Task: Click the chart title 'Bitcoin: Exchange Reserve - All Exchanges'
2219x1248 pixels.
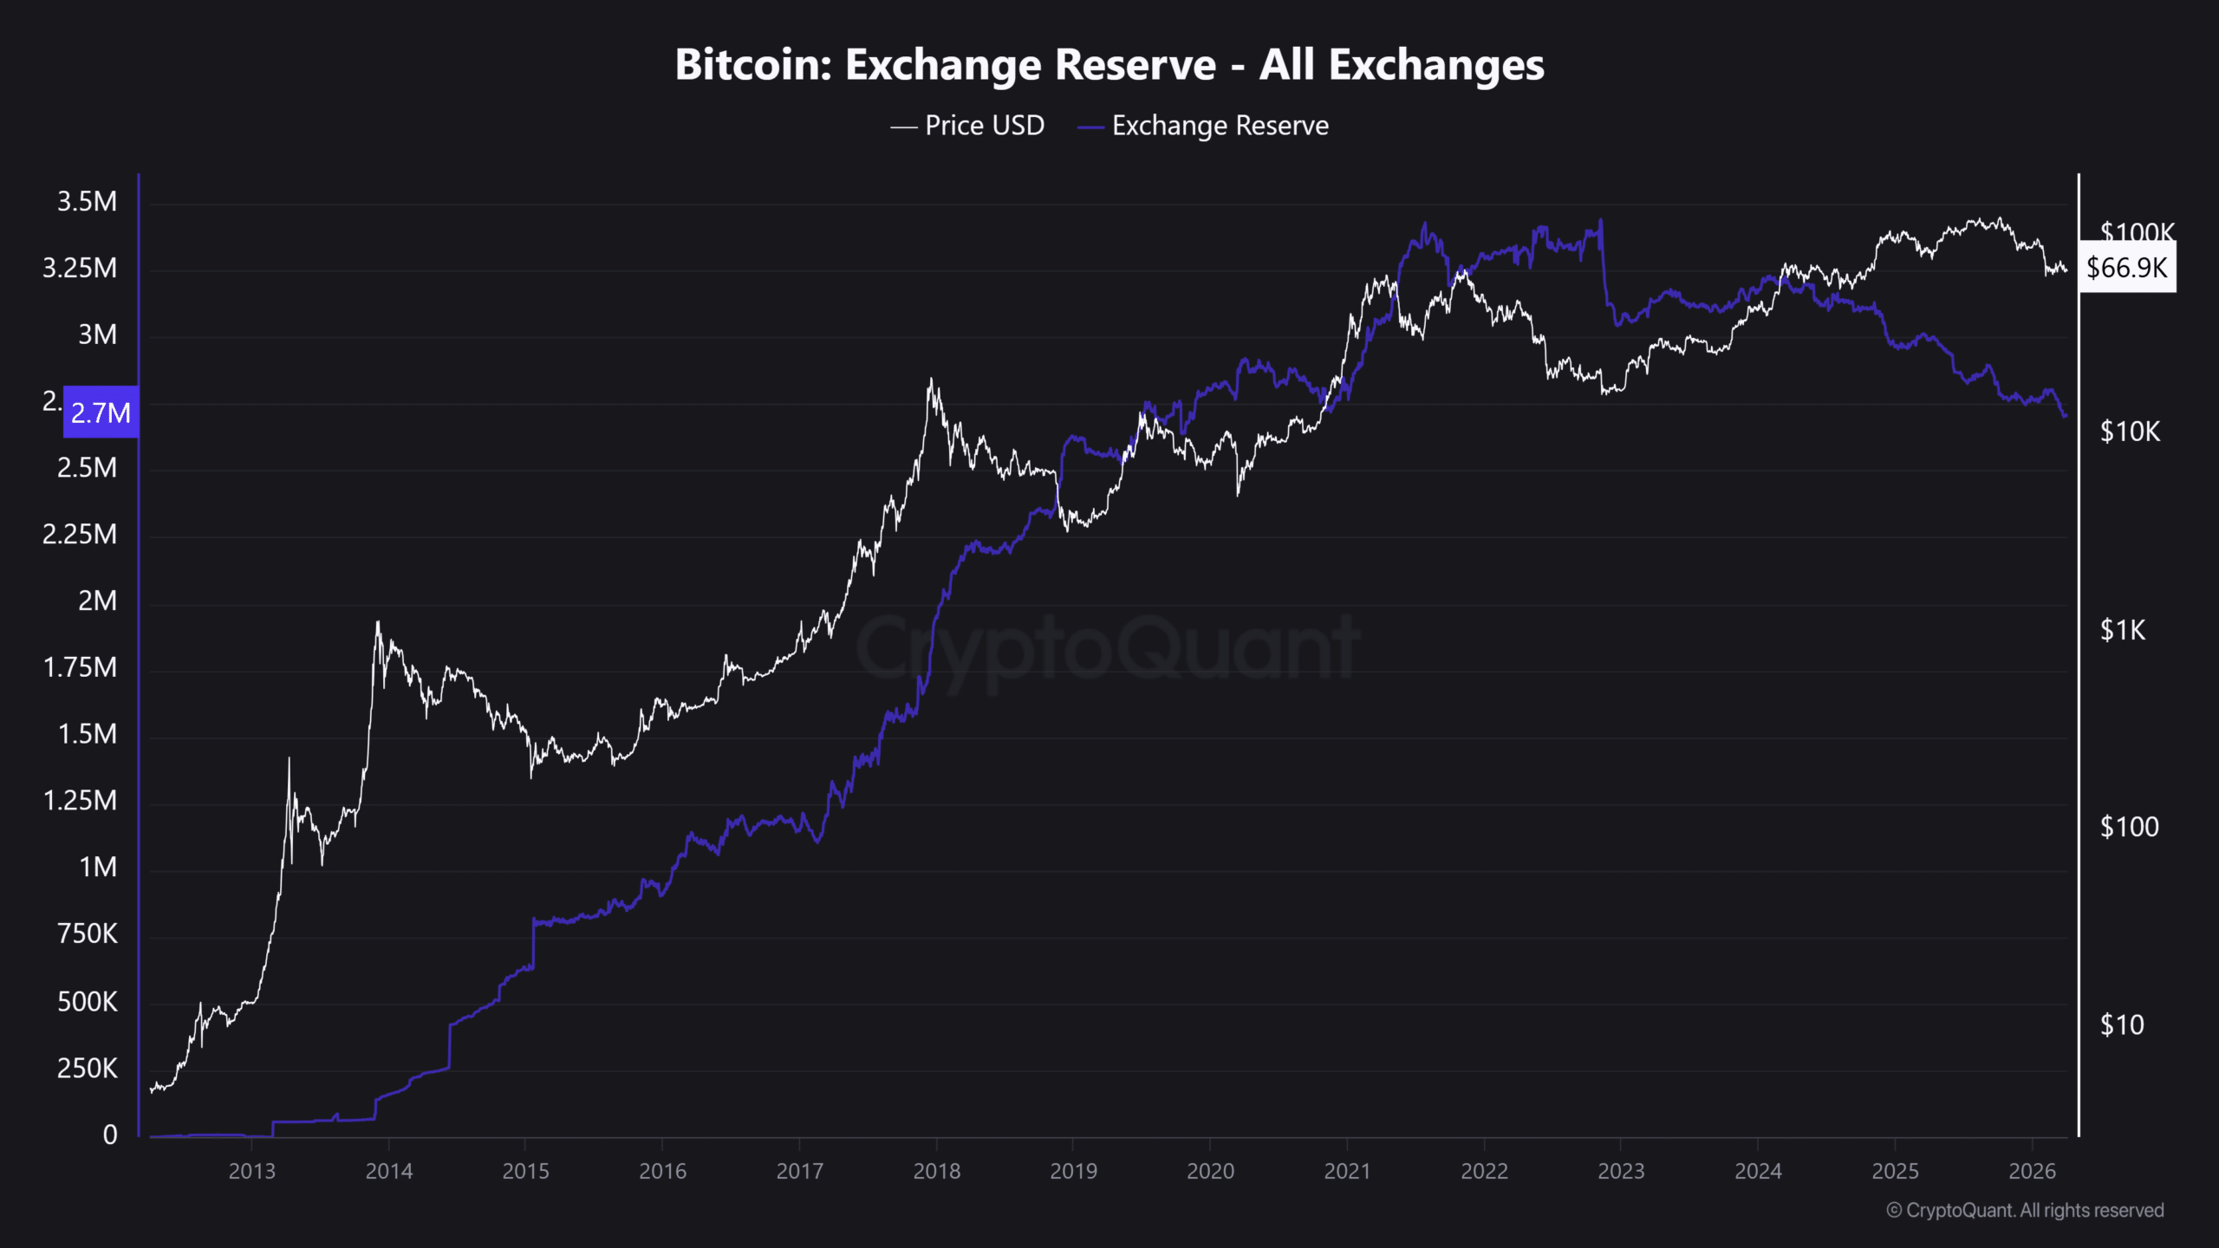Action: tap(1109, 65)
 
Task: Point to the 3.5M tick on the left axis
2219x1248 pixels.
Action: tap(87, 202)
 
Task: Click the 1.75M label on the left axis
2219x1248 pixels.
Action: tap(80, 667)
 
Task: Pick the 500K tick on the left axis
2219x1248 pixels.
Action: tap(87, 1002)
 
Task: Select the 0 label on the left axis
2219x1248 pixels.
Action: tap(110, 1134)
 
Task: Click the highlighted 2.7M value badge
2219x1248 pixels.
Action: tap(101, 413)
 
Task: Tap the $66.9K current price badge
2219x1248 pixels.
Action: tap(2126, 268)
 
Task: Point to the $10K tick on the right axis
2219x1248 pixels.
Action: tap(2130, 432)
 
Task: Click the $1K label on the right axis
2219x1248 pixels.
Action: tap(2123, 630)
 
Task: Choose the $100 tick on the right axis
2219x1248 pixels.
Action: tap(2129, 827)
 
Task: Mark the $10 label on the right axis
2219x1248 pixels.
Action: tap(2122, 1025)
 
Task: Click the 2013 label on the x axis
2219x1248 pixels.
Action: tap(251, 1172)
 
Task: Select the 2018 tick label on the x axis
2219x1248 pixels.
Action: tap(936, 1172)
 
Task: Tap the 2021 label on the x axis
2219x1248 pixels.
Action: tap(1347, 1172)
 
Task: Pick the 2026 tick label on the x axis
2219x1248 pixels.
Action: tap(2032, 1172)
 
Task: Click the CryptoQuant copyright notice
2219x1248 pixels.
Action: tap(2025, 1211)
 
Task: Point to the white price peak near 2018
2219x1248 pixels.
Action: tap(931, 380)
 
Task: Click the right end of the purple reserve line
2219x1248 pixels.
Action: tap(2065, 416)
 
